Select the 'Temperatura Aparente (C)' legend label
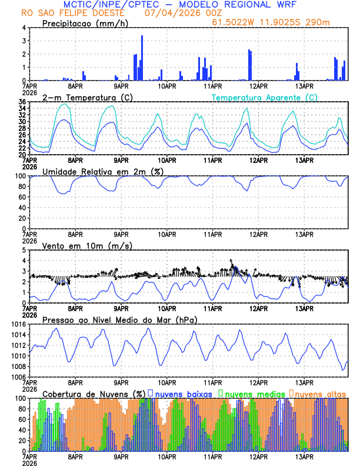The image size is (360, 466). [x=265, y=97]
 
